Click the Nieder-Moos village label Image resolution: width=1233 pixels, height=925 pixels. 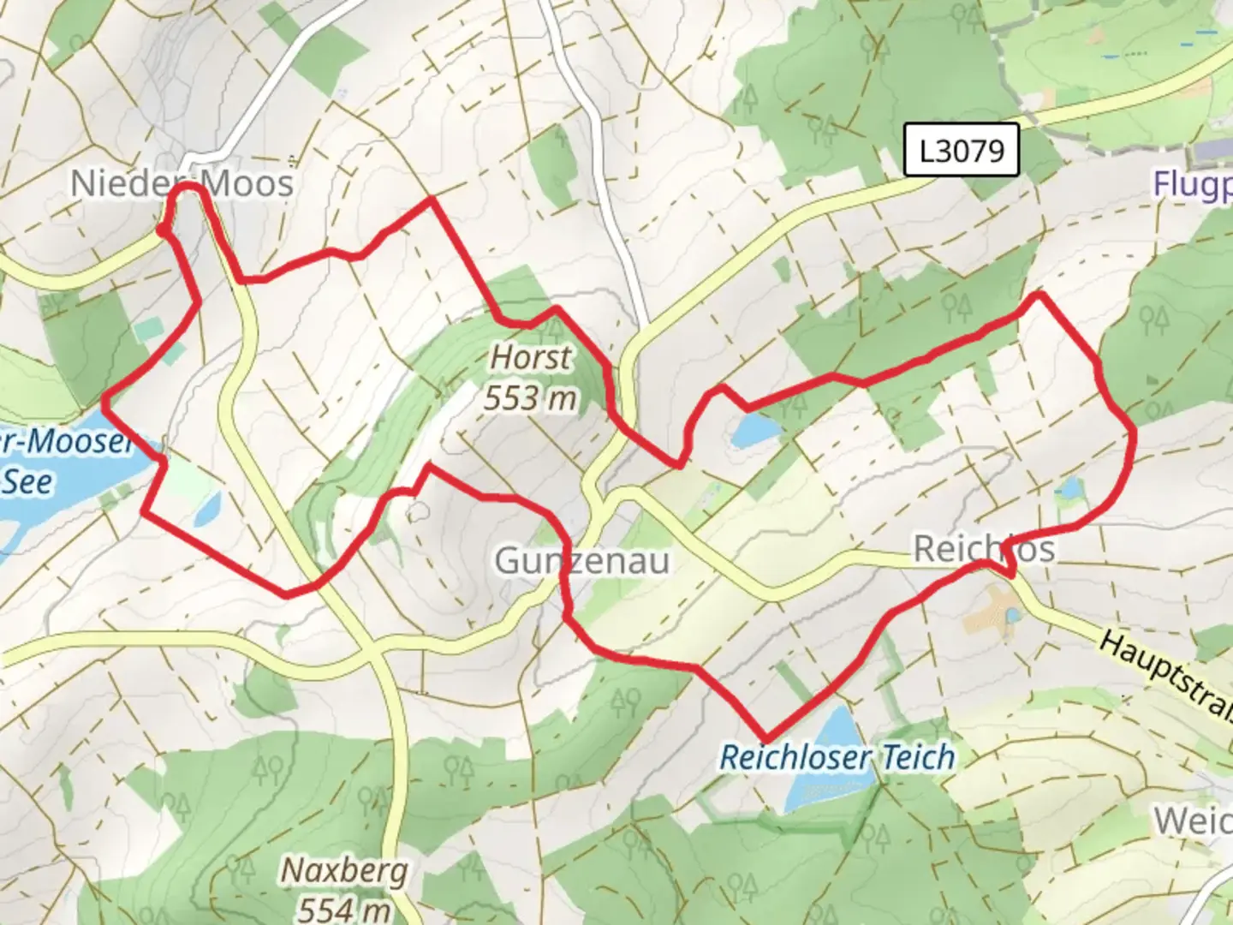(182, 183)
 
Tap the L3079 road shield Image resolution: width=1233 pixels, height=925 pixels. (962, 151)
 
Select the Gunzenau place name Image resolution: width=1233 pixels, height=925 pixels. (582, 561)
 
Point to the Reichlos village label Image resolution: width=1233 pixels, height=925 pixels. (984, 548)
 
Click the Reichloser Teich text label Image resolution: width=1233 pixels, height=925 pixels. (837, 757)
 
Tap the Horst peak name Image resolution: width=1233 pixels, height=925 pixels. (531, 357)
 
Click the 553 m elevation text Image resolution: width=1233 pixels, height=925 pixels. (530, 397)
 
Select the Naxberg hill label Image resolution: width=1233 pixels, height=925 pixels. (344, 871)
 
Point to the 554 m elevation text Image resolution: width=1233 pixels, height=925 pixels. (344, 908)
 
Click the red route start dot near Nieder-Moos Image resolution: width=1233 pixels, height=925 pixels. (161, 229)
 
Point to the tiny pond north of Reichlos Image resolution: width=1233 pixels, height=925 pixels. (1069, 489)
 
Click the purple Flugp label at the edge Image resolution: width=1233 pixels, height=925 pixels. (1192, 184)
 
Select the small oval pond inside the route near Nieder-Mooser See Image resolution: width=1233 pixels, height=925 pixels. (207, 510)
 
